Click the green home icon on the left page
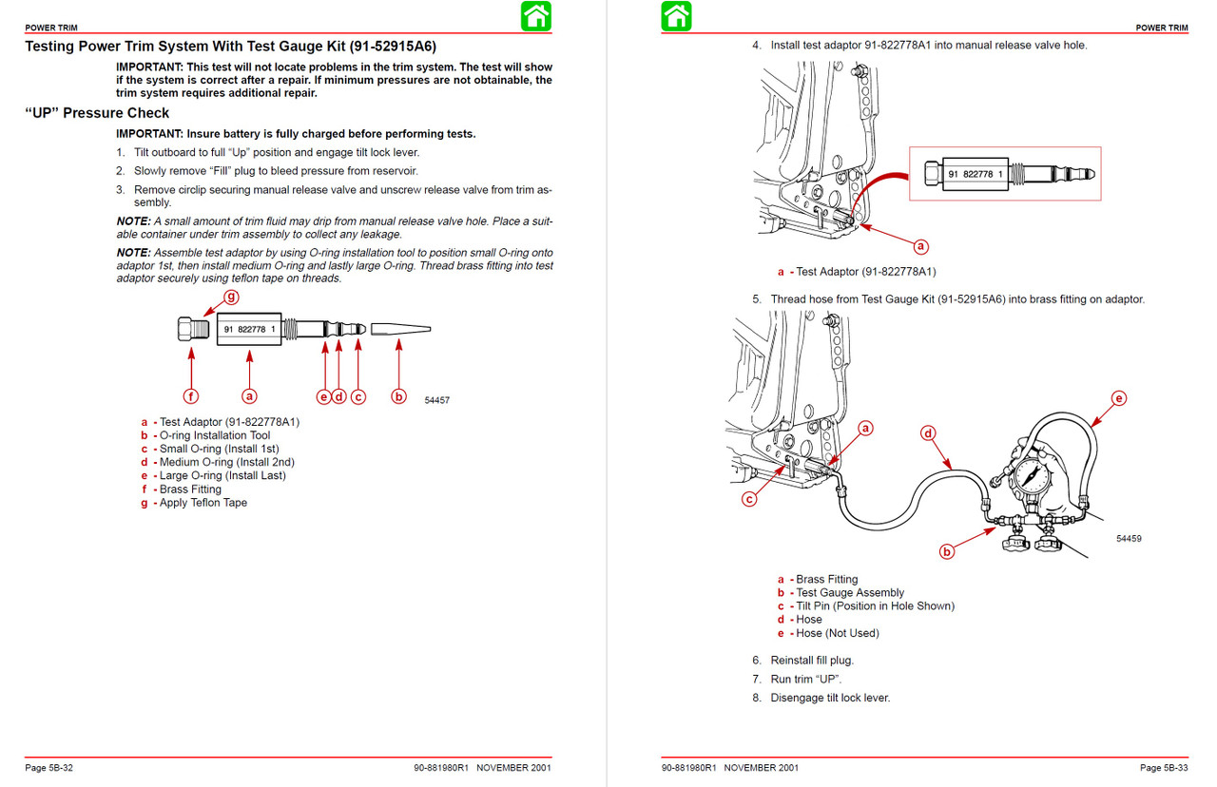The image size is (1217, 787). (x=536, y=16)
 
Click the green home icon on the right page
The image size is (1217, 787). (x=676, y=16)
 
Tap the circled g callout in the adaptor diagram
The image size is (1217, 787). (x=231, y=297)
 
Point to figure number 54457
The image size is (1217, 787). (x=436, y=401)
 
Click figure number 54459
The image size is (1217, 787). (x=1129, y=539)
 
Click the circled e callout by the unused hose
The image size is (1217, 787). (x=1118, y=398)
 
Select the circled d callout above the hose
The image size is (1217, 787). (x=928, y=433)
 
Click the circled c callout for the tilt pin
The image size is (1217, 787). (x=750, y=498)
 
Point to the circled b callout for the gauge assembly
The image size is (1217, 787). (x=946, y=551)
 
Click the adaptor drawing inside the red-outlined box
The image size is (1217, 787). (x=1005, y=174)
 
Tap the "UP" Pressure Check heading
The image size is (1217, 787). (x=97, y=113)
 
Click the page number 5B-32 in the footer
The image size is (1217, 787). (x=49, y=768)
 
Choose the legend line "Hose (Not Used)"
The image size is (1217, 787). (x=837, y=633)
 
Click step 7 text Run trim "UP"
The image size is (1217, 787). (x=805, y=679)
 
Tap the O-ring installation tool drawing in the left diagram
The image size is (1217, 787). (x=399, y=329)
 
